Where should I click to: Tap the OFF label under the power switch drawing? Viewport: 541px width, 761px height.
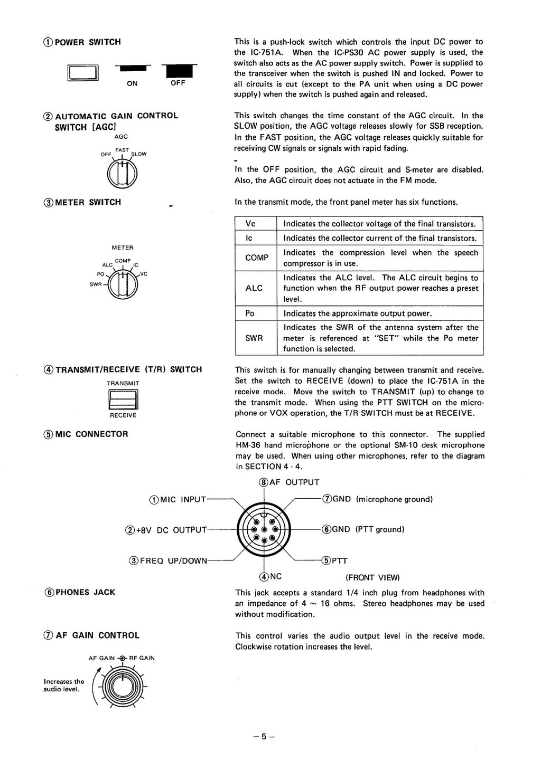178,83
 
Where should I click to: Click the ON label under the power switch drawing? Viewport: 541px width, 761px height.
132,83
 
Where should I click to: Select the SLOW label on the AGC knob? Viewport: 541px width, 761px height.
139,154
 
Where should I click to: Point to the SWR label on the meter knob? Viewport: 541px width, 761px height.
96,284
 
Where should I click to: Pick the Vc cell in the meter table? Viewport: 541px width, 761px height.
250,224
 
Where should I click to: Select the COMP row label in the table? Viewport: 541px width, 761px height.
256,258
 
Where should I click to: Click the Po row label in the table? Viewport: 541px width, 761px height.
250,313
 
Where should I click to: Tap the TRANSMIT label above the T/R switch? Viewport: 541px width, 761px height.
123,383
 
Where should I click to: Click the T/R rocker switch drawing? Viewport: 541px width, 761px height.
123,399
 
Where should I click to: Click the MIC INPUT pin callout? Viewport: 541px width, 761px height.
178,500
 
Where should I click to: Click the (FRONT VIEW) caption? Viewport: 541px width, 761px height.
372,577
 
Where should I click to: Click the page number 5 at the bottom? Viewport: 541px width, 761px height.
264,737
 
